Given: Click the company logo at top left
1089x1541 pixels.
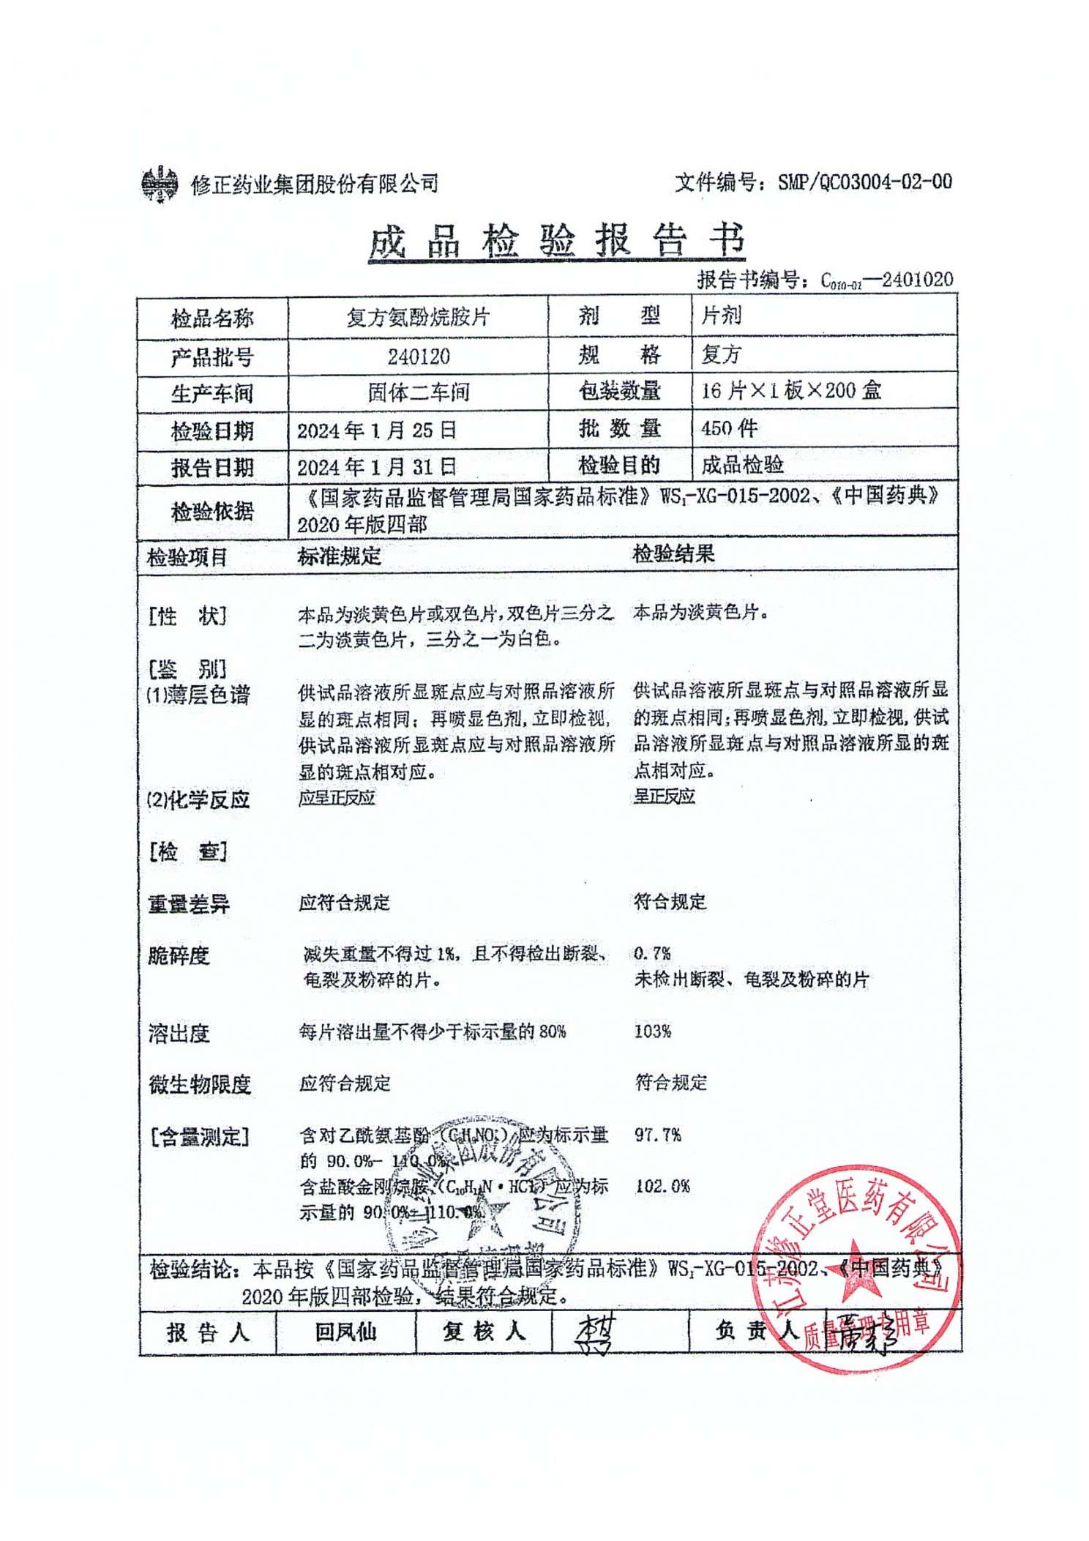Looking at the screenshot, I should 159,184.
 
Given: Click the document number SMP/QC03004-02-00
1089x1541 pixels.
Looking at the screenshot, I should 864,182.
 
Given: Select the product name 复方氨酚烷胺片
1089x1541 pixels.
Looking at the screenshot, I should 418,317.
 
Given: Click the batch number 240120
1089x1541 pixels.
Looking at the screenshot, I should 419,357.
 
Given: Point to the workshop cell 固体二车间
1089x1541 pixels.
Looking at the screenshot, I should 419,393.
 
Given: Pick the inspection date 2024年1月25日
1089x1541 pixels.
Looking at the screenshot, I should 376,430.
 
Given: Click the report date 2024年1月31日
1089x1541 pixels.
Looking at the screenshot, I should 376,467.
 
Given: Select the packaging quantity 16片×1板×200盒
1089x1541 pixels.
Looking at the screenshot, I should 790,391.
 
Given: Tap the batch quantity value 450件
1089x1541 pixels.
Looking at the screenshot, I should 729,428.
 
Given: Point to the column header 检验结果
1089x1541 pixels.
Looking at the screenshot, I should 673,554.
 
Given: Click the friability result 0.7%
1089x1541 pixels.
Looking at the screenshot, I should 652,953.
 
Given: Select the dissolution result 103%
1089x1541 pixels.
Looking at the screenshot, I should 652,1031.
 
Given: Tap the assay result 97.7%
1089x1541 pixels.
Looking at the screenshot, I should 657,1135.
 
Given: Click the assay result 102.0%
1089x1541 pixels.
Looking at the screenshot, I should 662,1186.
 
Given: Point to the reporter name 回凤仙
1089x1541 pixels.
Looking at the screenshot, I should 345,1332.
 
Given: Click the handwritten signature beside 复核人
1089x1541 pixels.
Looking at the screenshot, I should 596,1332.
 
